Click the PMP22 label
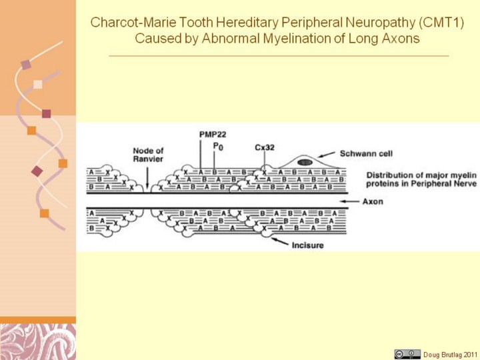(x=213, y=134)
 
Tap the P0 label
(x=218, y=146)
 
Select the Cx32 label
(x=265, y=147)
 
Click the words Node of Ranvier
(x=148, y=155)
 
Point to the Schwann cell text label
(x=366, y=153)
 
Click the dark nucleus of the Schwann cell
(x=305, y=162)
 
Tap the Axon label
(x=373, y=201)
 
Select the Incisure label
(x=307, y=245)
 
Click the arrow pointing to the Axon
(x=349, y=201)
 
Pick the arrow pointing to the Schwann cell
(x=326, y=154)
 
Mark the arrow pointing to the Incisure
(x=280, y=241)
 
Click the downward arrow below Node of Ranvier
(x=147, y=178)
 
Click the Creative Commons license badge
(x=407, y=354)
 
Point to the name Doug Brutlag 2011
(x=450, y=355)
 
